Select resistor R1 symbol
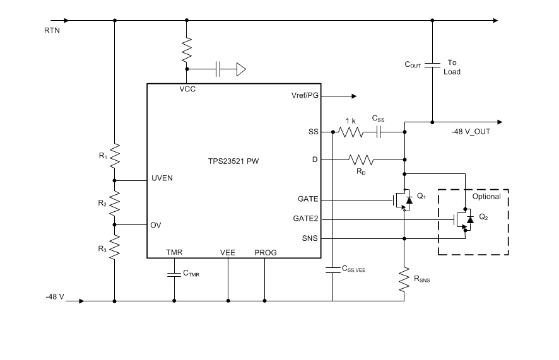[x=115, y=155]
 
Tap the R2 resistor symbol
[x=115, y=202]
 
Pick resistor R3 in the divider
[x=115, y=246]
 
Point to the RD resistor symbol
[x=360, y=159]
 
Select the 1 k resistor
[x=351, y=132]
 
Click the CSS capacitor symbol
[x=380, y=132]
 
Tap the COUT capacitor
[x=432, y=64]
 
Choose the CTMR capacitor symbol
[x=174, y=274]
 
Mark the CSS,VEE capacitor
[x=332, y=269]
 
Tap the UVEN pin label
[x=162, y=178]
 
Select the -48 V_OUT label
[x=471, y=132]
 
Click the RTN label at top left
[x=52, y=30]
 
